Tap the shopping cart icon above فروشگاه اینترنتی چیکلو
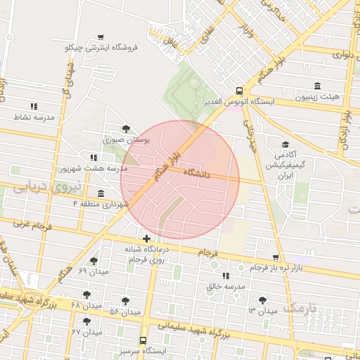(x=101, y=37)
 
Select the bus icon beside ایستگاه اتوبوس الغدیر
(x=240, y=91)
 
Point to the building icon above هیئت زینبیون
(x=318, y=85)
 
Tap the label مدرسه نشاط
(x=34, y=117)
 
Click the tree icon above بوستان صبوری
(x=126, y=129)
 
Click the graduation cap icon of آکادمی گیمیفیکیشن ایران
(x=285, y=143)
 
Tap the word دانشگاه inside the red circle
(x=198, y=172)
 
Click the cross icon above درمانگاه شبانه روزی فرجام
(x=146, y=239)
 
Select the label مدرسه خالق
(x=226, y=287)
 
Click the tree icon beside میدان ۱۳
(x=263, y=299)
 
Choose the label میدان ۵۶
(x=124, y=311)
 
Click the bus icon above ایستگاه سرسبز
(x=144, y=340)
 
